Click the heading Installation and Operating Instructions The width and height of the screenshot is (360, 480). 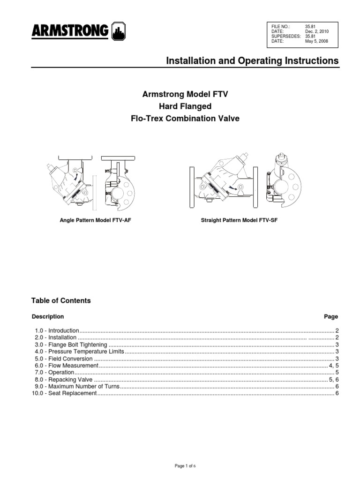253,61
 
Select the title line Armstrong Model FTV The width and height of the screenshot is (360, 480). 185,94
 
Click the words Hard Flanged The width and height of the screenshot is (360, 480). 185,106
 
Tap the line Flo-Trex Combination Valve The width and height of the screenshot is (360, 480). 185,119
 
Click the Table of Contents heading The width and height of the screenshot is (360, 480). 61,300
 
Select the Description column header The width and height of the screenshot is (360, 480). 48,316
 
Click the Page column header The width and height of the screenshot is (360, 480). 331,316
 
